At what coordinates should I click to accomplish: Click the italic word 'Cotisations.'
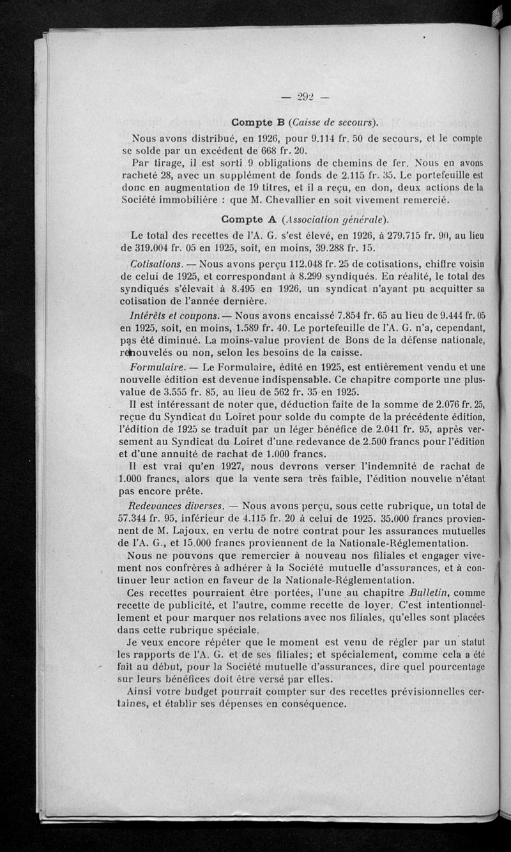156,263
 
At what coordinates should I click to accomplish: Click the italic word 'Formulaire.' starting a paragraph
158,367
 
